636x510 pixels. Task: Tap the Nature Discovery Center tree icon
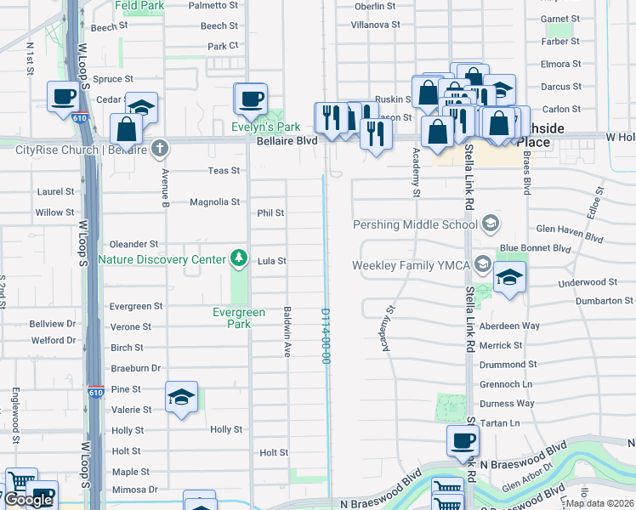[240, 258]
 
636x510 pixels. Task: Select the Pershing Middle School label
[416, 224]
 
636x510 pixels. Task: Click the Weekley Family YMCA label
[412, 266]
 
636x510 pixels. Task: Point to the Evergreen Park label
[231, 318]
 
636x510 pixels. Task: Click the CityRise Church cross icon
[159, 149]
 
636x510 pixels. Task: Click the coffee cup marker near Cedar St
[63, 96]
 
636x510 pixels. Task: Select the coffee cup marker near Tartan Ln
[463, 440]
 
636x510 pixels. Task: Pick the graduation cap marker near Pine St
[181, 397]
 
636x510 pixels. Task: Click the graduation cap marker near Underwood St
[509, 278]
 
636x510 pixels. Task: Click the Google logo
[29, 500]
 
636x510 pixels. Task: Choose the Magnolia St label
[214, 202]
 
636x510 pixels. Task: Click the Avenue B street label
[166, 188]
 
